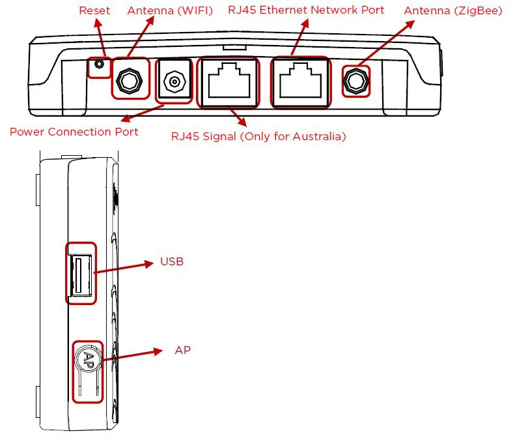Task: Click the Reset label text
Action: tap(94, 11)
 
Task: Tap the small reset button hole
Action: tap(98, 65)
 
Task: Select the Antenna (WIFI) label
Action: tap(170, 11)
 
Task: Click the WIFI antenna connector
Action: tap(130, 80)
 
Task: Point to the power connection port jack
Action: tap(173, 81)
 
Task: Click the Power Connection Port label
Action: tap(74, 132)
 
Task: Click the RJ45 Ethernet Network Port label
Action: tap(306, 10)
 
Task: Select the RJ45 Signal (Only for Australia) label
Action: tap(258, 137)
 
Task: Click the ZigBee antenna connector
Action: tap(355, 81)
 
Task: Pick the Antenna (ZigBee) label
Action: tap(453, 11)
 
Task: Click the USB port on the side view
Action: tap(81, 273)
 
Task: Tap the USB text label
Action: tap(172, 262)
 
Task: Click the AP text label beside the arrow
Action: tap(182, 351)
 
